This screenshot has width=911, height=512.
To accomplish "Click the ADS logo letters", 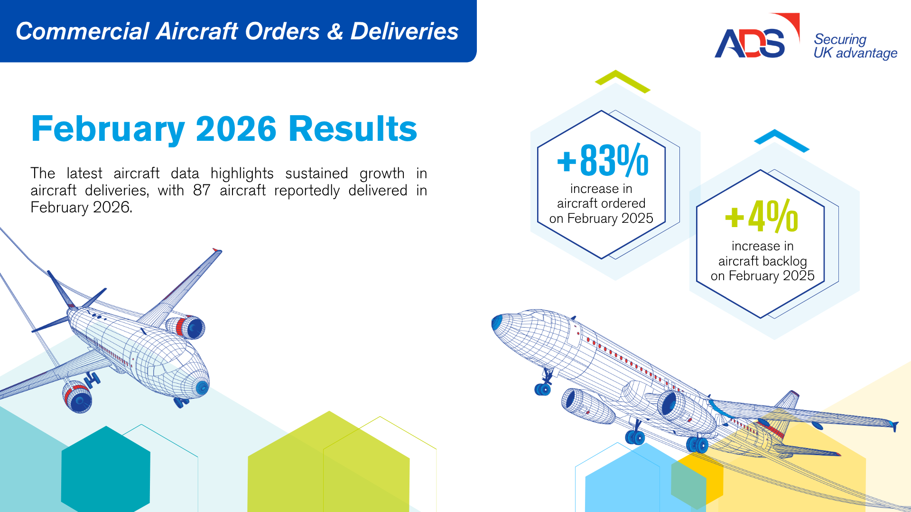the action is pyautogui.click(x=750, y=43).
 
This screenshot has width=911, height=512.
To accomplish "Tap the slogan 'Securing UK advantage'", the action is pyautogui.click(x=855, y=46).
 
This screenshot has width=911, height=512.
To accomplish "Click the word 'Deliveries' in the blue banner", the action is pyautogui.click(x=404, y=31).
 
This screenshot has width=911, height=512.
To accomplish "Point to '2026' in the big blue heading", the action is pyautogui.click(x=236, y=129).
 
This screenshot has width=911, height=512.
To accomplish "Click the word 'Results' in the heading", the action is pyautogui.click(x=353, y=129).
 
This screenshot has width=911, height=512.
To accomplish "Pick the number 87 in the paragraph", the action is pyautogui.click(x=202, y=191).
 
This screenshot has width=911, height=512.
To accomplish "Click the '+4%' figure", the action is pyautogui.click(x=762, y=216).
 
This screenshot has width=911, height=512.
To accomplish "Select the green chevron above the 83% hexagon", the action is pyautogui.click(x=623, y=81).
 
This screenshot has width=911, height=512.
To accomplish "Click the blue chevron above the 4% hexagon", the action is pyautogui.click(x=781, y=140).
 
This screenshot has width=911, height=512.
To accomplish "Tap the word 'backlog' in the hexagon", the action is pyautogui.click(x=784, y=261).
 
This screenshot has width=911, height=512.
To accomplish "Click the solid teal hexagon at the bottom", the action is pyautogui.click(x=106, y=469).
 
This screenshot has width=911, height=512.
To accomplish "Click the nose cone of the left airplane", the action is pyautogui.click(x=202, y=387).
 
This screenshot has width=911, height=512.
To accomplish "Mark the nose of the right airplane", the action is pyautogui.click(x=497, y=322).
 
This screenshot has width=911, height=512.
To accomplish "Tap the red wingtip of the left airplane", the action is pyautogui.click(x=217, y=250).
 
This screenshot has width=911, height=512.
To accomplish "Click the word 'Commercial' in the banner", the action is pyautogui.click(x=83, y=31).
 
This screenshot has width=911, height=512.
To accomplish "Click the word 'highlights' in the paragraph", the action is pyautogui.click(x=242, y=174).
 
